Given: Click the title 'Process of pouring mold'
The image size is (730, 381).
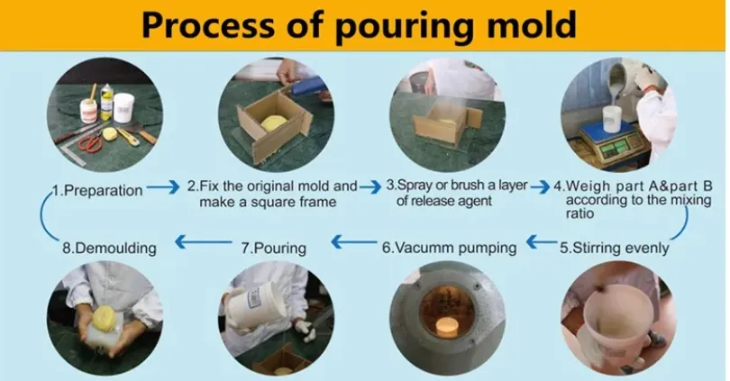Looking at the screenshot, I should click(359, 24).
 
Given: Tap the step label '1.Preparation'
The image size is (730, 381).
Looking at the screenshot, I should click(96, 190).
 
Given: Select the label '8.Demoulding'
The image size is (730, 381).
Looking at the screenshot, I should click(109, 246).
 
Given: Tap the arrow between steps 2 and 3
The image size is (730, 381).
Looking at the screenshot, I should click(370, 186).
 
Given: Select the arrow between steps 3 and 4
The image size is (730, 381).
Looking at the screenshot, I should click(539, 186).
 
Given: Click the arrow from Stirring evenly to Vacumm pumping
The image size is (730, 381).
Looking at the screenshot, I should click(541, 241).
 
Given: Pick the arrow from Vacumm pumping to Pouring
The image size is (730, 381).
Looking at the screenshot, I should click(349, 241).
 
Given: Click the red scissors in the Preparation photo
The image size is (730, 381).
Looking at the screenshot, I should click(89, 141).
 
